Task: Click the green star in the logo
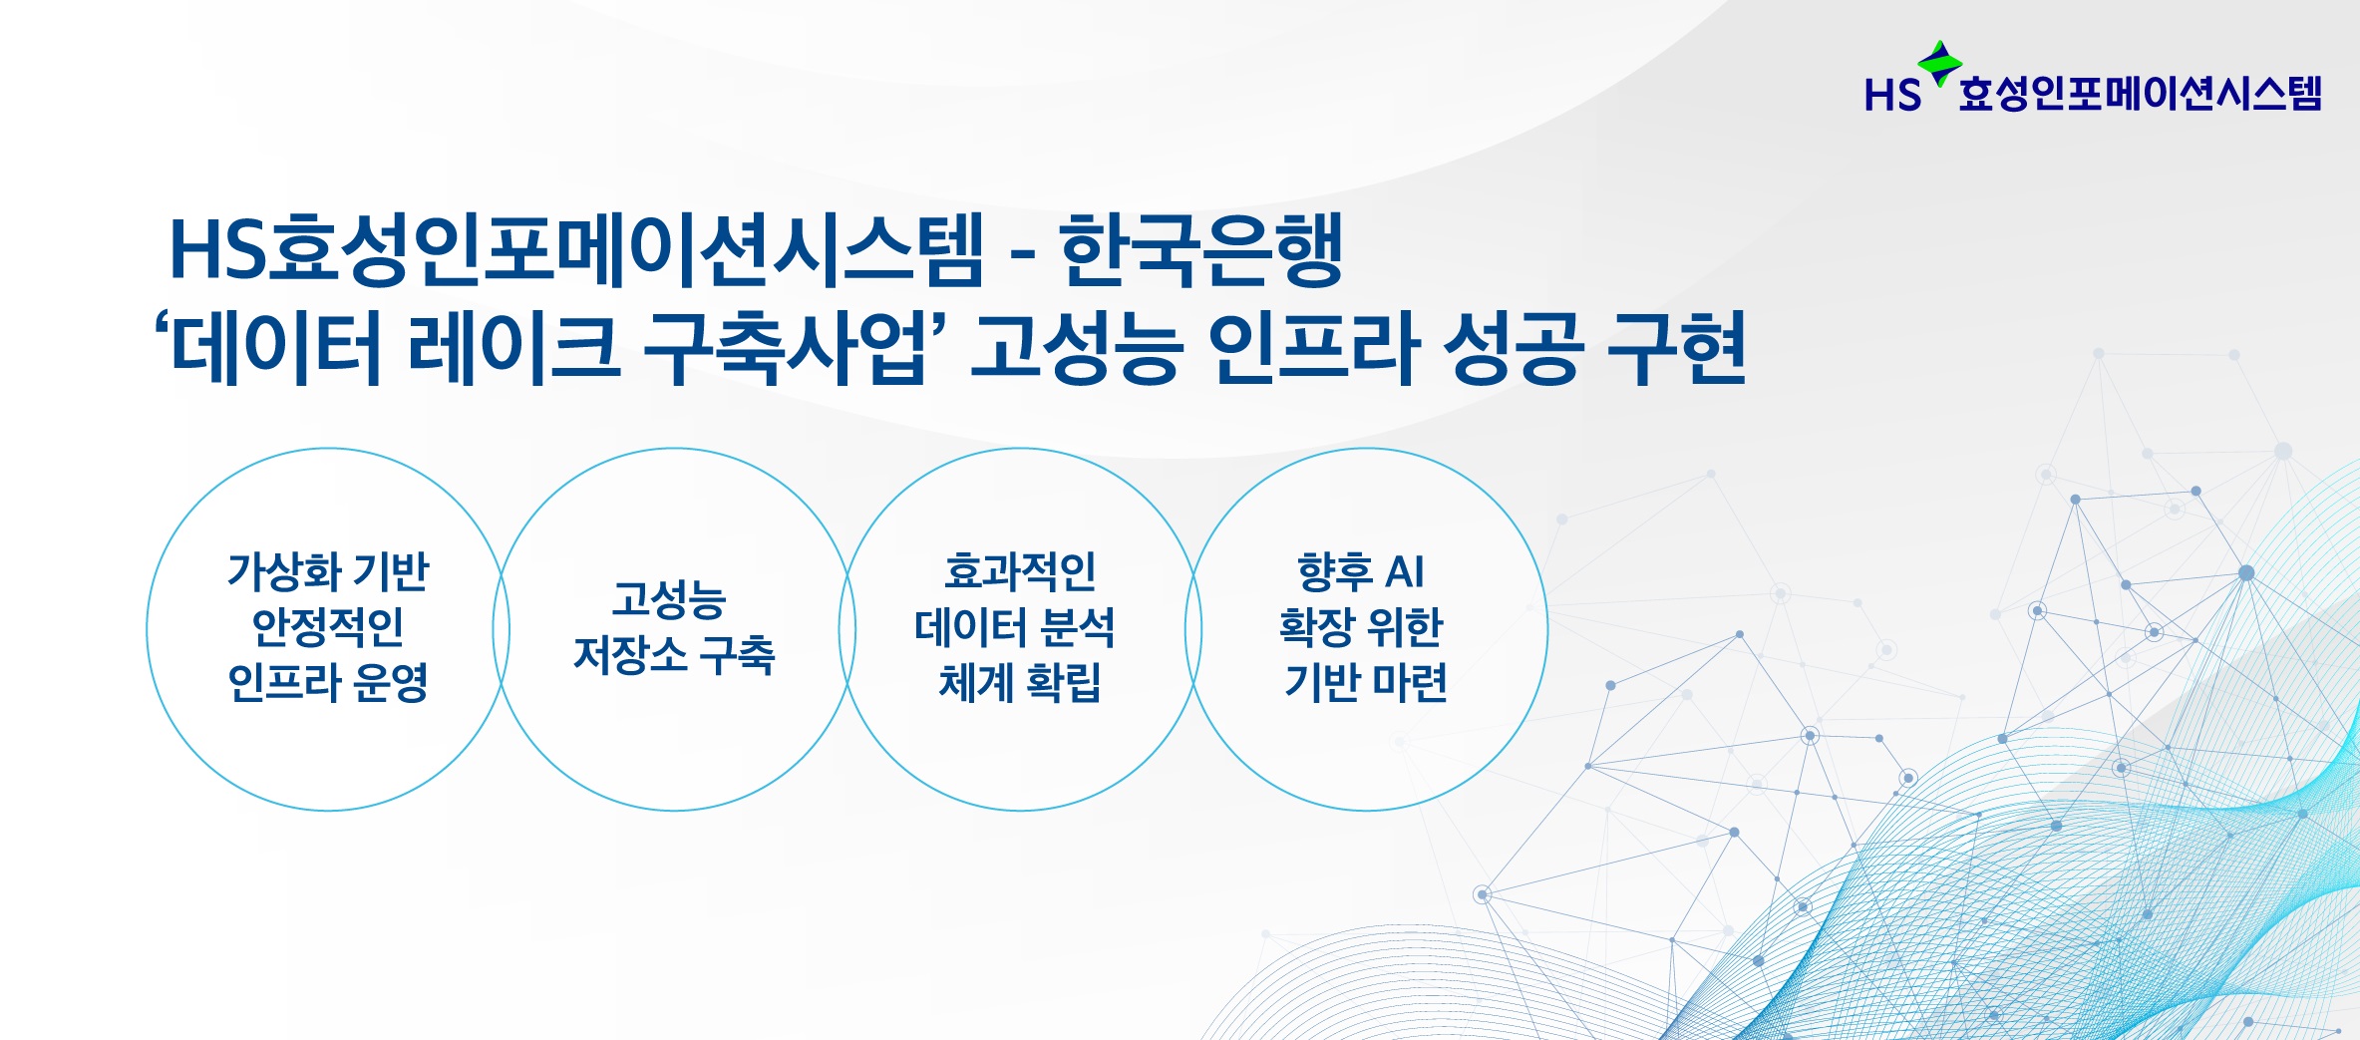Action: click(1939, 62)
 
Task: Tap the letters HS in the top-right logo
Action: click(1891, 96)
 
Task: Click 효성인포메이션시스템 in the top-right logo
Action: click(2140, 94)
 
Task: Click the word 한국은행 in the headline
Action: click(1200, 249)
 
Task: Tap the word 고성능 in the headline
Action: click(1077, 348)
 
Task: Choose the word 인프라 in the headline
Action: click(1313, 348)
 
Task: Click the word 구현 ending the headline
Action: click(1676, 348)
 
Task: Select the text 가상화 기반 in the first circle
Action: click(328, 571)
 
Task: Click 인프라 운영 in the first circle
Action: click(328, 683)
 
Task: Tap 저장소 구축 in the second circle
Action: click(674, 655)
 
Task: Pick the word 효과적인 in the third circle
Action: click(1019, 571)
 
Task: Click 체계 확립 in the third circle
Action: click(1019, 683)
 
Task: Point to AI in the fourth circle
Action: click(1404, 572)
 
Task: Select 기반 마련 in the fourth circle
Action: click(1365, 683)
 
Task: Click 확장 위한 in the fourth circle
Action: click(1361, 627)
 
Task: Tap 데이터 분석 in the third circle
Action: click(1014, 627)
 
